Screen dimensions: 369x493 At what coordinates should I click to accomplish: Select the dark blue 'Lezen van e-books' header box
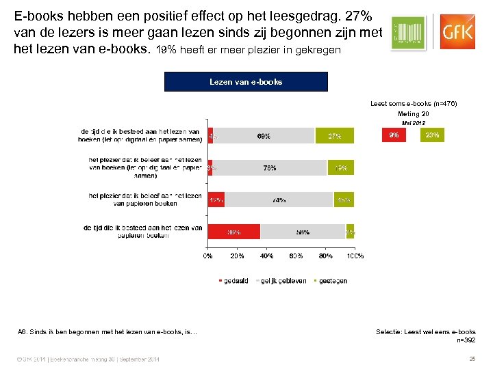click(246, 81)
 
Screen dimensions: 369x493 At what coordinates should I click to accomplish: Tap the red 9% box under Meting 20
click(394, 135)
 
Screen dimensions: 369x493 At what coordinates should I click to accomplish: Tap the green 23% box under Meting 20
click(432, 135)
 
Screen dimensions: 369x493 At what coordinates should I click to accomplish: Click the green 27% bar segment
click(335, 136)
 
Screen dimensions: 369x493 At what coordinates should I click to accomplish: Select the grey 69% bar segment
click(264, 136)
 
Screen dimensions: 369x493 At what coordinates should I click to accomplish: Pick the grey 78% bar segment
click(269, 168)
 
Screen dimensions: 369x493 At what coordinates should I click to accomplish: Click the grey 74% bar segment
click(279, 200)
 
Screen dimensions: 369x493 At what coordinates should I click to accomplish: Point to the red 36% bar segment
click(234, 232)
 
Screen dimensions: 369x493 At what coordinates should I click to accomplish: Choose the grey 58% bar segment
click(303, 232)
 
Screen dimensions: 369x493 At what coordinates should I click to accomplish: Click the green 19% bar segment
click(341, 168)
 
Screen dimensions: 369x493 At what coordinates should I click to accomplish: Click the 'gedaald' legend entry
click(234, 281)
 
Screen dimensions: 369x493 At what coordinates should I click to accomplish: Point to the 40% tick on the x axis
click(267, 256)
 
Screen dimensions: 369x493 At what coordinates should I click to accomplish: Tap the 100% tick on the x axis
click(355, 256)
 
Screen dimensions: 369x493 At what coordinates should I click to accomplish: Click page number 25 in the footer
click(471, 359)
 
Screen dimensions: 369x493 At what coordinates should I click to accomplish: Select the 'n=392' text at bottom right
click(466, 340)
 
